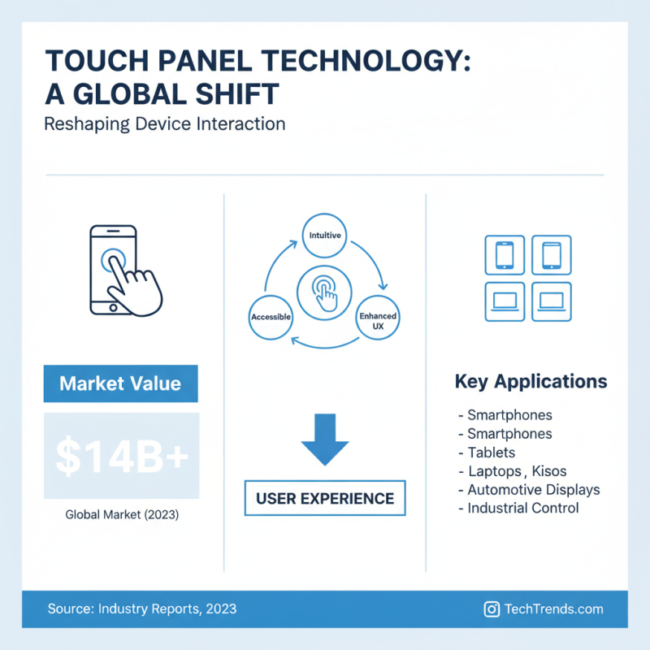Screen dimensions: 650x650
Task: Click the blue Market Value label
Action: pos(120,383)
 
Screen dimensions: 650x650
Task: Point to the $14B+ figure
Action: pos(121,457)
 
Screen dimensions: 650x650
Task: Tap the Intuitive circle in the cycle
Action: pos(325,236)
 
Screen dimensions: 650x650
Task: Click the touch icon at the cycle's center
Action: pos(325,292)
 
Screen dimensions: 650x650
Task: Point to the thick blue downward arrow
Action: pos(325,443)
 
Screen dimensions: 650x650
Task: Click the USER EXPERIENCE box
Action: pos(325,498)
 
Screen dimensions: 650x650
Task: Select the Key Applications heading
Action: pos(531,381)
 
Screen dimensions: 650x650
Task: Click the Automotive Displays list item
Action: pos(533,489)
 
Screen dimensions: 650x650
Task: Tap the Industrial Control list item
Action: pos(522,508)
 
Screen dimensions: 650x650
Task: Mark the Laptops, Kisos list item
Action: pos(517,470)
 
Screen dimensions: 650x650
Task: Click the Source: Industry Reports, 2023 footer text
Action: pos(142,609)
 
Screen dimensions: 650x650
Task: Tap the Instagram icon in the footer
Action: pos(491,609)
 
